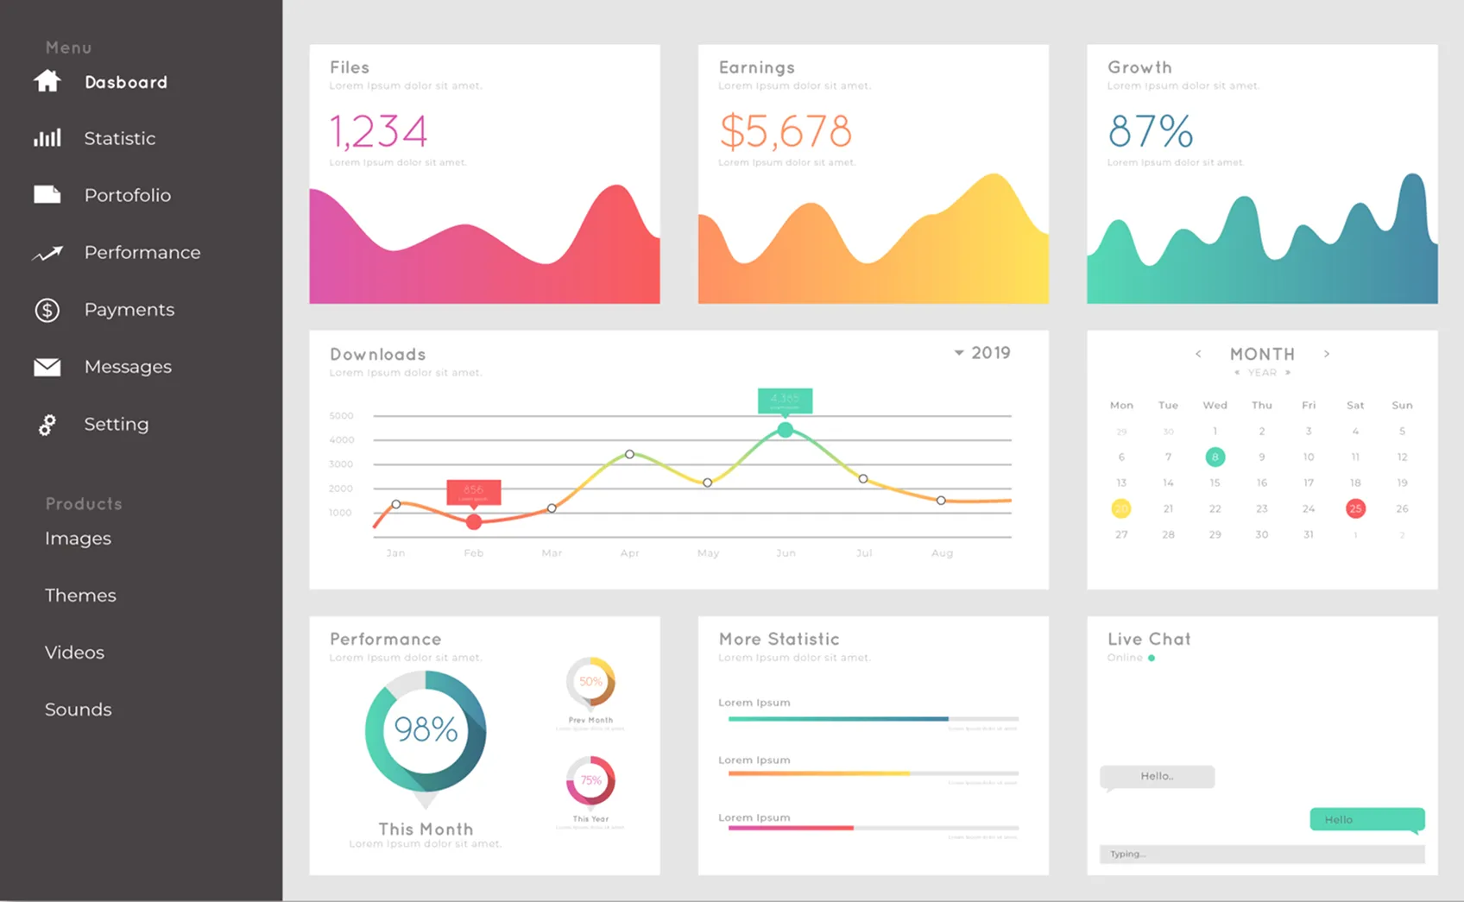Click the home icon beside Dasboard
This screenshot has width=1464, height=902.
(47, 81)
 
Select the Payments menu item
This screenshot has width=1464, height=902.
(129, 310)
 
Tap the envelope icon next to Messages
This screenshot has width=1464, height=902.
(47, 367)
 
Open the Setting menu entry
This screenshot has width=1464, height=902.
(116, 425)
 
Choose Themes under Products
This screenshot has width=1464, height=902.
(80, 596)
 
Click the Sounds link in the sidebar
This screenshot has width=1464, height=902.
(79, 710)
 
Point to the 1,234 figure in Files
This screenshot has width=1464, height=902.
(378, 132)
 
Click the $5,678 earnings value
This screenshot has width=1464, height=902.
(786, 132)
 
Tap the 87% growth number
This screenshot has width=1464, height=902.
(1151, 132)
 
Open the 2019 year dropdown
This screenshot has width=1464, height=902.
(982, 353)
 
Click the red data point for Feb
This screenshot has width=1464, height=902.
(474, 522)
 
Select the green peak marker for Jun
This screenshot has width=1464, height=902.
(785, 429)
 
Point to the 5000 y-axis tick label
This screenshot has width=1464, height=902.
(342, 416)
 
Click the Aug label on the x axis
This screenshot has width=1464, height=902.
(942, 553)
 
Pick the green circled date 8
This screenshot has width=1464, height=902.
(1215, 457)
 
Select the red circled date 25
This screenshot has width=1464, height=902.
(1355, 508)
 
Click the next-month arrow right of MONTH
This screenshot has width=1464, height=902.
(1327, 354)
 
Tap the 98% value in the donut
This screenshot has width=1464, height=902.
(426, 730)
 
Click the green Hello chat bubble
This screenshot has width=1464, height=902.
(1366, 819)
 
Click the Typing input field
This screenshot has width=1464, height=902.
(1261, 855)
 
